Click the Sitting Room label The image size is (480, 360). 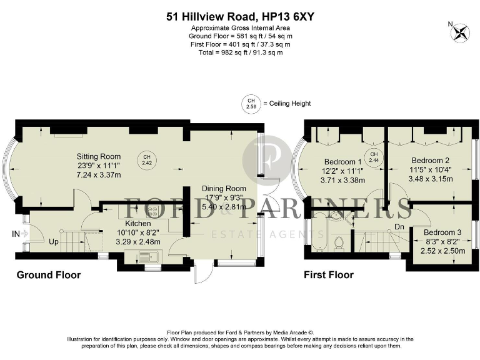pos(99,156)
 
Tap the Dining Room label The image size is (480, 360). pos(224,188)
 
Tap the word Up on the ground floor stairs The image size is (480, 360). pos(54,241)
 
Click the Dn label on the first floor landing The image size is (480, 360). pos(399,226)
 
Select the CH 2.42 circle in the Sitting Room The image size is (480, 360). pos(147,159)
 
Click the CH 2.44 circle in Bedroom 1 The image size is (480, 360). pos(374,157)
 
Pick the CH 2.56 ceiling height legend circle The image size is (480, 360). pos(251,103)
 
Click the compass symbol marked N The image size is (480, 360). pos(462,31)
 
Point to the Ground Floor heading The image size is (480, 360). pos(48,274)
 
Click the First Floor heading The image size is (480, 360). pos(328,274)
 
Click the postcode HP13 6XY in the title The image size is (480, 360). pos(288,17)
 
